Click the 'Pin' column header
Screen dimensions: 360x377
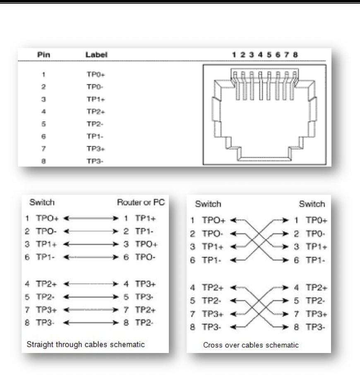[43, 55]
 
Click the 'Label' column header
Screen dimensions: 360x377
[96, 55]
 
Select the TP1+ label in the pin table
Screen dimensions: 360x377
[96, 99]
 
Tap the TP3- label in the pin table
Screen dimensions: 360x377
[95, 161]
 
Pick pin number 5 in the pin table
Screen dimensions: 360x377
[43, 124]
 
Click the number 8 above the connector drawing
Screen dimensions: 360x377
[295, 55]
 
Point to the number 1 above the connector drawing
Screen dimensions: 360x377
[234, 55]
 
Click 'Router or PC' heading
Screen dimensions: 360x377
[141, 202]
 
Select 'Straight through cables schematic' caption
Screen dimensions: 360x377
[86, 344]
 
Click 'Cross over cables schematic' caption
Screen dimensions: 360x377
[251, 345]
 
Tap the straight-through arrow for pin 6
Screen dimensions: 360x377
[91, 257]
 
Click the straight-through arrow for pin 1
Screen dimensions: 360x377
[91, 218]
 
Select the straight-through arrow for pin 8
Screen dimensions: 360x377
[91, 323]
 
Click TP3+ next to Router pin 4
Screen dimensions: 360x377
[145, 284]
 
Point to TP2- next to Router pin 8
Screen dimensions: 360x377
[144, 323]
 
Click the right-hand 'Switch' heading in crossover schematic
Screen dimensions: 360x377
[312, 204]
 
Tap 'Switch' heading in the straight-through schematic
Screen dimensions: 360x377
[42, 202]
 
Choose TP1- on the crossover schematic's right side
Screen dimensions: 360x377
[315, 260]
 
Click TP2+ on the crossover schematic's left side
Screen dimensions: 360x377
[213, 287]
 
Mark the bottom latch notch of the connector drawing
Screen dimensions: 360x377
[264, 159]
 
